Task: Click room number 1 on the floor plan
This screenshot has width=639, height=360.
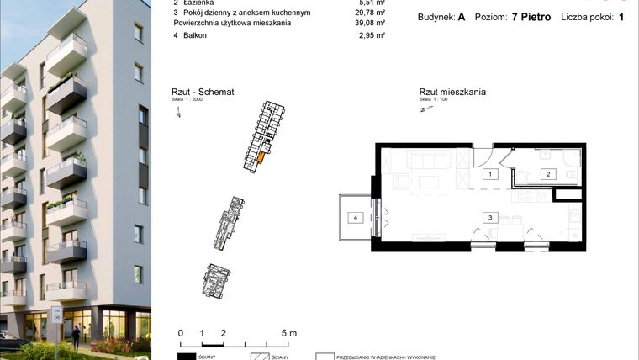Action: click(488, 174)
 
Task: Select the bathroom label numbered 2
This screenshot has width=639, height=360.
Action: click(547, 174)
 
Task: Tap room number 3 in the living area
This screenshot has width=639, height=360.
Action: click(488, 217)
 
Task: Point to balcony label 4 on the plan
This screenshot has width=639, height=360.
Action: click(356, 218)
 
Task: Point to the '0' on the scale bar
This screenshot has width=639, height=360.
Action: click(181, 333)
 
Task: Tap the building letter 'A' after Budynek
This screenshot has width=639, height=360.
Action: click(462, 16)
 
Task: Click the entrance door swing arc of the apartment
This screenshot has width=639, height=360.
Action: click(483, 155)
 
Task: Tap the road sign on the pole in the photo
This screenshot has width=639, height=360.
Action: click(56, 315)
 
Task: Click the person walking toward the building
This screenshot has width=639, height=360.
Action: click(76, 336)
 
